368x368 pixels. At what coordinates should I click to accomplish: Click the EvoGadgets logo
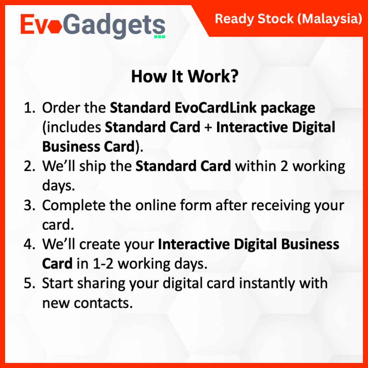(93, 26)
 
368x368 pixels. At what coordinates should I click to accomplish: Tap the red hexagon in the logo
(55, 27)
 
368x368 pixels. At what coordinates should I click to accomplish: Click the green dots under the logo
(160, 37)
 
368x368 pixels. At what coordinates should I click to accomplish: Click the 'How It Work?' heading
(185, 76)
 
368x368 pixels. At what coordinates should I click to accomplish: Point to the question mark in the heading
(233, 76)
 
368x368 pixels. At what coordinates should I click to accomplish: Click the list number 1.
(29, 108)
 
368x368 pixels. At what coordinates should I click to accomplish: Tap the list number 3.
(29, 205)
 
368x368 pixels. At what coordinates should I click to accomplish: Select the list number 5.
(29, 283)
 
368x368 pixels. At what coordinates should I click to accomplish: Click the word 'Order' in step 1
(61, 108)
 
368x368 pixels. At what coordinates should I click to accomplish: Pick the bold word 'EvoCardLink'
(216, 108)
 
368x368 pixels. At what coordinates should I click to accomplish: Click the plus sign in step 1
(208, 128)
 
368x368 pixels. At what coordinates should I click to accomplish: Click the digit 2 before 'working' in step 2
(284, 166)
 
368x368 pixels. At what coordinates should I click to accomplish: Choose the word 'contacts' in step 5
(103, 303)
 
